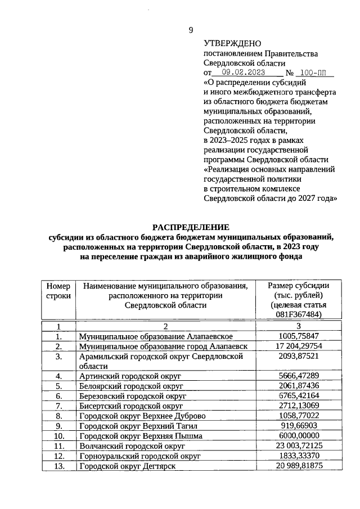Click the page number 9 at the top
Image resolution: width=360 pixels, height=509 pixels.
[x=191, y=30]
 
